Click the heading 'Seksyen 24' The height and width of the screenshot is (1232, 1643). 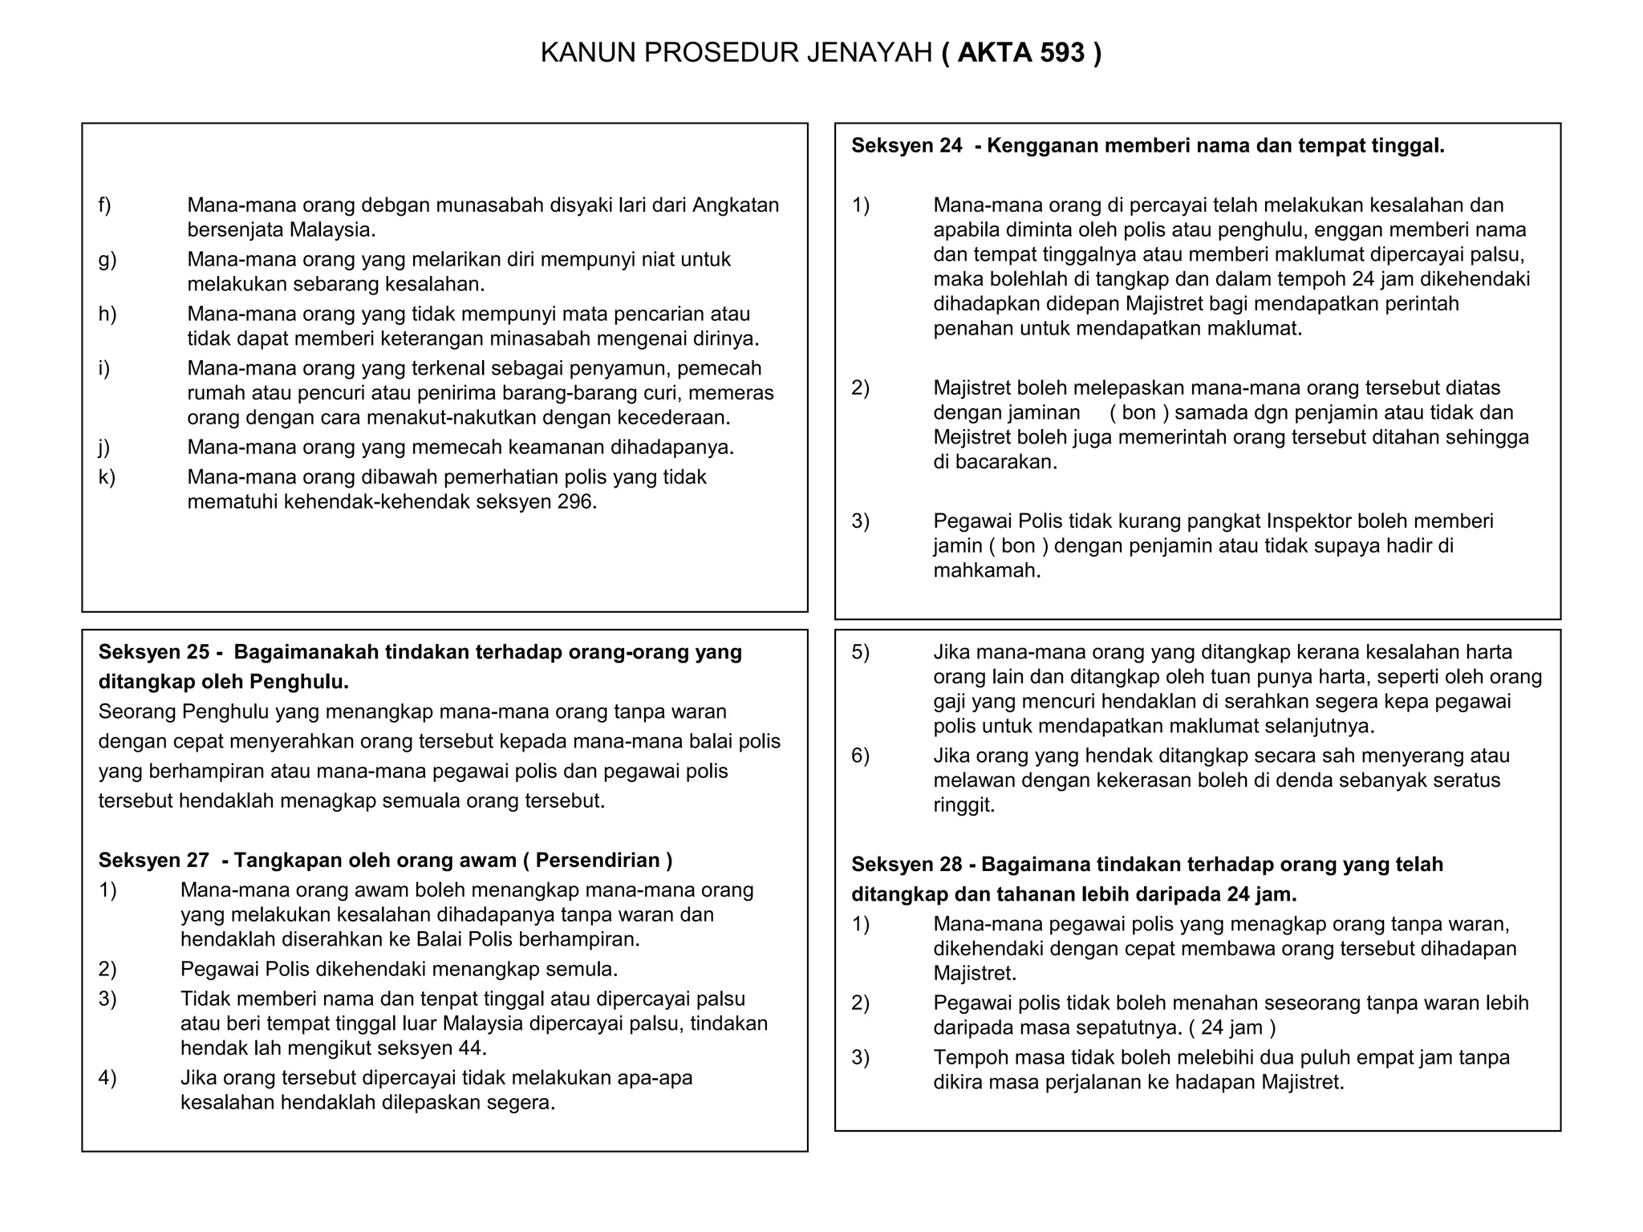click(906, 146)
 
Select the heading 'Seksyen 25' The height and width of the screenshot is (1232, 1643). click(153, 652)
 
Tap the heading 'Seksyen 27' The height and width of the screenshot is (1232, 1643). click(153, 861)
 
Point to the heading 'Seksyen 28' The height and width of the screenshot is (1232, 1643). click(906, 865)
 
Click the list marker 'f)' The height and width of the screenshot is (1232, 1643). click(104, 205)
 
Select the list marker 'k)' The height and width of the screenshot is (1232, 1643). click(106, 477)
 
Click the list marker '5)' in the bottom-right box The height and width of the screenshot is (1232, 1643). click(860, 652)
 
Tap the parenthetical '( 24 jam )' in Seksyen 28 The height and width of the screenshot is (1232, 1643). click(1232, 1027)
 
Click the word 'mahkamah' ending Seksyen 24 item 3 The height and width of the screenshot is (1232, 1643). click(984, 571)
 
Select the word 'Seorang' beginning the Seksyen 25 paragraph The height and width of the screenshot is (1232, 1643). click(137, 712)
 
